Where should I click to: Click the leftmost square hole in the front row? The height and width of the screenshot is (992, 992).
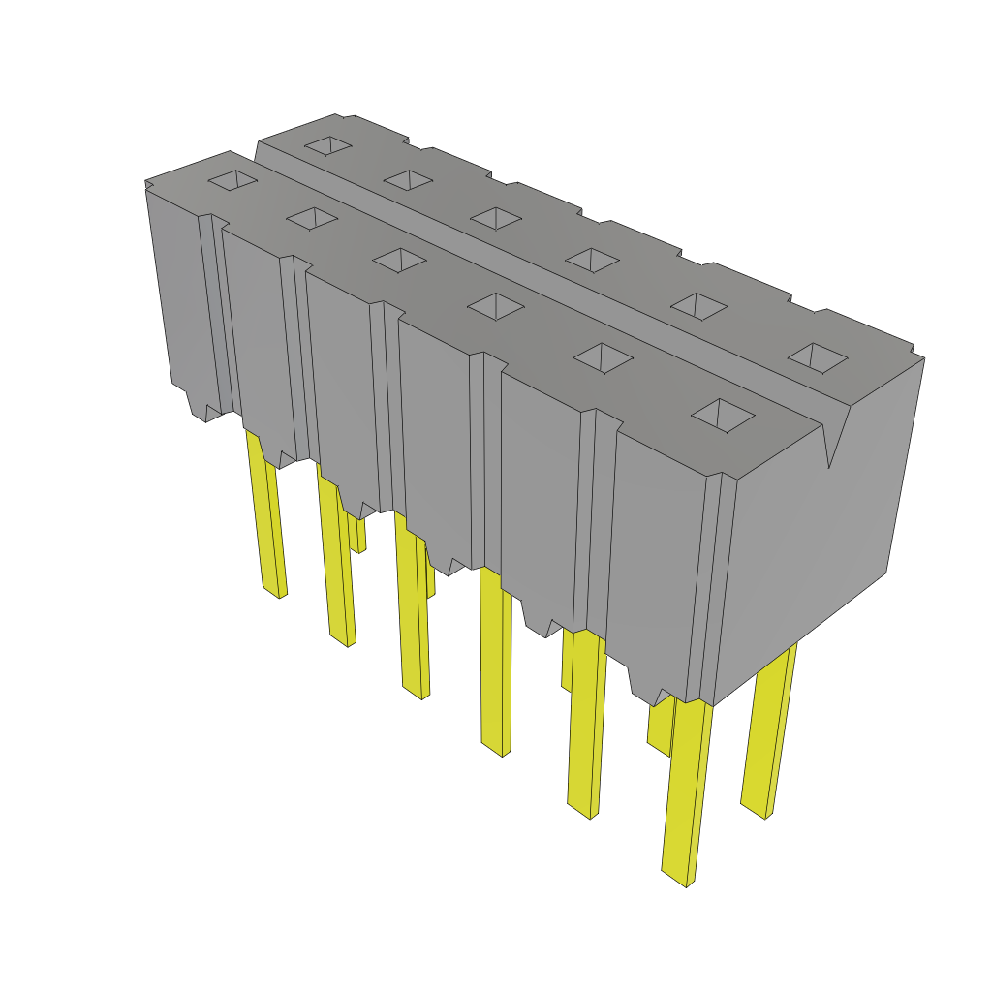233,180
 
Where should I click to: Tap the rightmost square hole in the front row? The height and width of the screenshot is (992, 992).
722,416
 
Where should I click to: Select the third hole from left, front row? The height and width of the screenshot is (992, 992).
398,260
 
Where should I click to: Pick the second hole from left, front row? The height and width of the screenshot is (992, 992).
311,218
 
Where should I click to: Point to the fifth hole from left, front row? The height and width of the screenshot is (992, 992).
603,357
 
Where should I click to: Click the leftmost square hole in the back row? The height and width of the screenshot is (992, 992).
328,145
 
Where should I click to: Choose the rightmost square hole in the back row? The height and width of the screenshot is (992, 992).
817,357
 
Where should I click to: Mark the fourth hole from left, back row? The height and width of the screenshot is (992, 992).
592,259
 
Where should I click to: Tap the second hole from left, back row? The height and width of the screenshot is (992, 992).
407,179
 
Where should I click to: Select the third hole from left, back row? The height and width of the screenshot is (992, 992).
495,218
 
